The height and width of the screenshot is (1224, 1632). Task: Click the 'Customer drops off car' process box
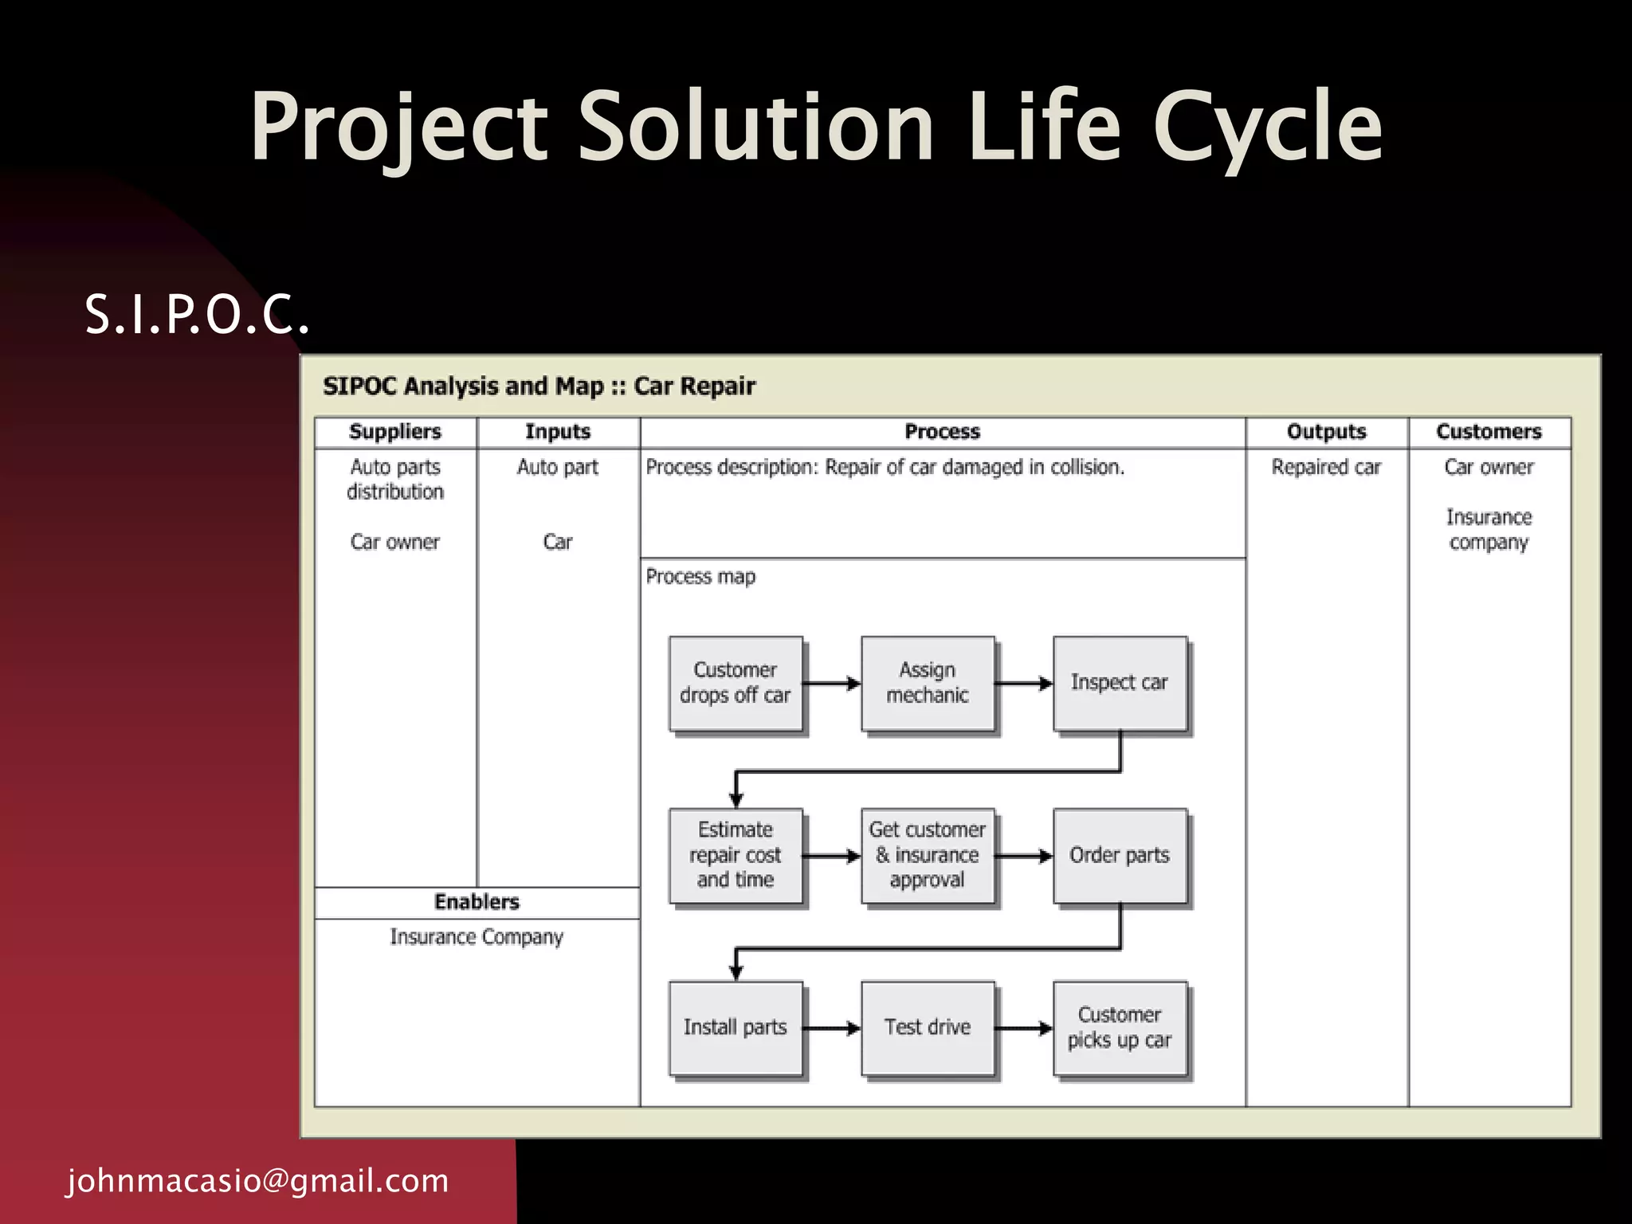736,684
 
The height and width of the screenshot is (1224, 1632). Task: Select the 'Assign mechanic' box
928,684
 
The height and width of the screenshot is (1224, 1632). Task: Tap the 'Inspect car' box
1120,684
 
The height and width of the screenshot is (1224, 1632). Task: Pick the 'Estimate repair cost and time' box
736,856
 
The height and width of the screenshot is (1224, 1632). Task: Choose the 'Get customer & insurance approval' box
928,856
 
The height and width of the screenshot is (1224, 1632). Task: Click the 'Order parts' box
1120,856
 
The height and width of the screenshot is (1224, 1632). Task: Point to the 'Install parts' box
736,1028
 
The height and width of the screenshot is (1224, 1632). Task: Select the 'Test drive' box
928,1028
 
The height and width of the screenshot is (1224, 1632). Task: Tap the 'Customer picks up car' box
1120,1028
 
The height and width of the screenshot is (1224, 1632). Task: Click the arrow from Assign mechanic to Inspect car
1024,684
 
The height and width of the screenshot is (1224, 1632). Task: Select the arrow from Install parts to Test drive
831,1028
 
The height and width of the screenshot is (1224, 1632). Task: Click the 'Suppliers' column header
395,432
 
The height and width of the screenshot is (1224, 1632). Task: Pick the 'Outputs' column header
1326,432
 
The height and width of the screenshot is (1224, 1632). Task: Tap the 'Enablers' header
477,902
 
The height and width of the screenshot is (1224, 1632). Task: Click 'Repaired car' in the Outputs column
1326,468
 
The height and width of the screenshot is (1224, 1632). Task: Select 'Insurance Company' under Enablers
477,938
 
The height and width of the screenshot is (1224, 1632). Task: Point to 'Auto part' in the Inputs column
557,468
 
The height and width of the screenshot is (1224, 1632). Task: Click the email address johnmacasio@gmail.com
257,1181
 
